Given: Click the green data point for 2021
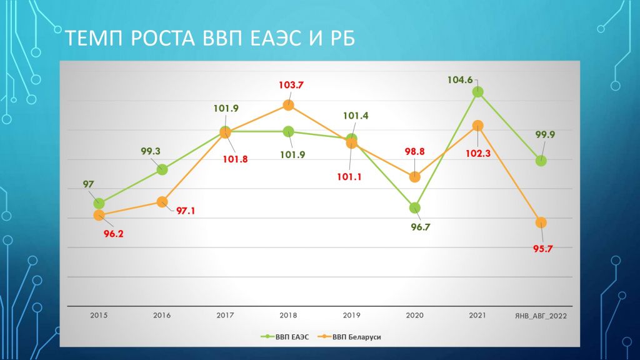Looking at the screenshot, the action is (x=477, y=92).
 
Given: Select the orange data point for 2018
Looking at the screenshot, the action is (x=289, y=105).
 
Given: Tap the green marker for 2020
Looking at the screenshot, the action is (x=415, y=207).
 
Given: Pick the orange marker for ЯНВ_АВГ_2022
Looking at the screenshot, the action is (x=541, y=222).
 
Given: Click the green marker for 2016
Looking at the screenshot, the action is (x=162, y=169).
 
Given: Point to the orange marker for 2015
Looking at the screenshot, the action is (x=99, y=215).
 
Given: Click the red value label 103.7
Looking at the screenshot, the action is (x=291, y=85).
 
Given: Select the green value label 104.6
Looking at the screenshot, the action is (x=460, y=80).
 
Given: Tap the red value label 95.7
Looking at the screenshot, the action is (x=543, y=249).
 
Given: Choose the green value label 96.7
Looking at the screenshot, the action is (x=421, y=227).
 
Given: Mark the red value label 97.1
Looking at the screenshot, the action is (x=185, y=211).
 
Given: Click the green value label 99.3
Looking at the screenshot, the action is (x=151, y=151).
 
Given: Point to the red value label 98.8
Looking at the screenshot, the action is (x=415, y=151).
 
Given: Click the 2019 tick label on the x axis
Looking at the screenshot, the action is (x=351, y=315).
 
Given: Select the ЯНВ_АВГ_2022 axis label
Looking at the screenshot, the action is (x=541, y=316).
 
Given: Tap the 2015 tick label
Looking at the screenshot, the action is (x=99, y=315).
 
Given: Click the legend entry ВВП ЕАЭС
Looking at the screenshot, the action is (x=285, y=337).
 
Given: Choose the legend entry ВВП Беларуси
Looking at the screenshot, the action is (x=349, y=337).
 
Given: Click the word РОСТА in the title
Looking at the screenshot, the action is (x=163, y=38).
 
